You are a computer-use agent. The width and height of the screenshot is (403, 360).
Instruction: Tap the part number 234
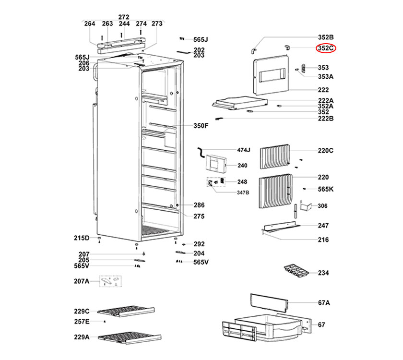[323, 273]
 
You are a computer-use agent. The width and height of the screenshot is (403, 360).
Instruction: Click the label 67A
[324, 303]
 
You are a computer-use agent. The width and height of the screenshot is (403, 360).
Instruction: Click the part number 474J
[244, 150]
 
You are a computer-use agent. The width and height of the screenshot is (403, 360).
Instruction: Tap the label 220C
[325, 150]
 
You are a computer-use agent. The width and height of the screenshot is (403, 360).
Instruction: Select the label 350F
[201, 126]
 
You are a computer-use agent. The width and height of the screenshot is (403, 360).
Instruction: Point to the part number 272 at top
[124, 16]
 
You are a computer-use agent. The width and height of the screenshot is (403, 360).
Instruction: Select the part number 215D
[81, 238]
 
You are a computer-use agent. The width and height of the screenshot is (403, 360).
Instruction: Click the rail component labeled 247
[281, 226]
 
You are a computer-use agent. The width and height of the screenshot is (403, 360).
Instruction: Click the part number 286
[199, 205]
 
